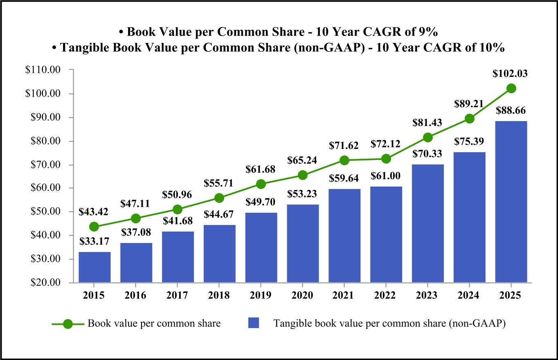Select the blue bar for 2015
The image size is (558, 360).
click(94, 267)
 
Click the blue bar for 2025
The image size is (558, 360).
click(511, 201)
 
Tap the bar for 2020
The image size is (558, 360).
click(303, 243)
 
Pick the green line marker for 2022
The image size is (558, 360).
click(386, 159)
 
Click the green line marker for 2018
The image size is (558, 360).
click(219, 198)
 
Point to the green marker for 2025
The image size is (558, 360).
click(511, 88)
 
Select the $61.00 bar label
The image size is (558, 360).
click(386, 176)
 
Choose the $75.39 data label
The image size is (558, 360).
click(469, 142)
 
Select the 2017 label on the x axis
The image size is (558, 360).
click(178, 296)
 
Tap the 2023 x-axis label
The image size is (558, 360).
click(427, 296)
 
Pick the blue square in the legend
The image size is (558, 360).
click(254, 323)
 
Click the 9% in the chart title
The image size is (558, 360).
click(419, 32)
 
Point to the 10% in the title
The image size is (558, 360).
click(491, 47)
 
